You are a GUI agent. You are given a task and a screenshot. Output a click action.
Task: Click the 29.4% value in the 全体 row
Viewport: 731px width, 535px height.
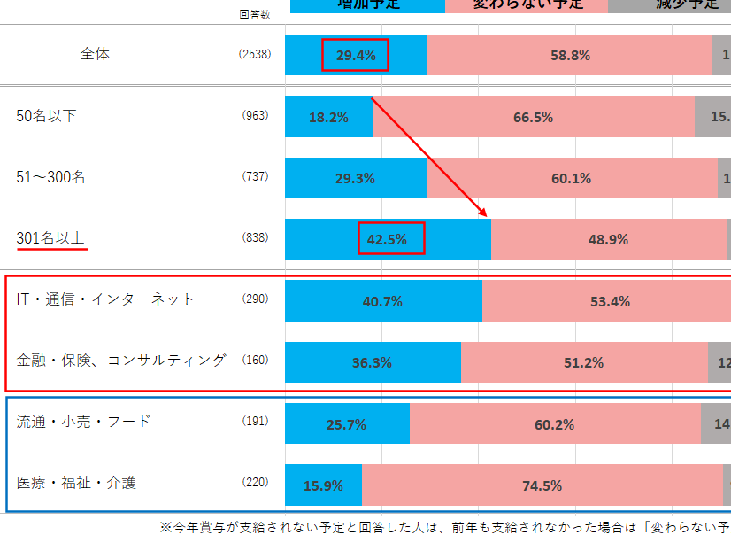pyautogui.click(x=356, y=55)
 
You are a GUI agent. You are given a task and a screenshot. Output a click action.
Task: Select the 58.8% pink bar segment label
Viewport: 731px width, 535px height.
pyautogui.click(x=570, y=55)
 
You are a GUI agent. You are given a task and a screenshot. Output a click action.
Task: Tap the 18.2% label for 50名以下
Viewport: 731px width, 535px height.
pyautogui.click(x=328, y=117)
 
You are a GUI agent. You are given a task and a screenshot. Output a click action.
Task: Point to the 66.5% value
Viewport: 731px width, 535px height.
pyautogui.click(x=533, y=117)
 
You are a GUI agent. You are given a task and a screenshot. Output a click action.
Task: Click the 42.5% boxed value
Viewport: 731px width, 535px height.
pyautogui.click(x=391, y=239)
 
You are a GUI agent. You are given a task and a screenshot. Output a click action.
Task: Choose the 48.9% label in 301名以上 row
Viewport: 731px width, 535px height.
pyautogui.click(x=608, y=239)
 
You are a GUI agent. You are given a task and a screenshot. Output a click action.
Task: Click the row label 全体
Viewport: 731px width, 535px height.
pyautogui.click(x=95, y=54)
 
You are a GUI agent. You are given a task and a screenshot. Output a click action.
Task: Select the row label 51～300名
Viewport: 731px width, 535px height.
pyautogui.click(x=51, y=177)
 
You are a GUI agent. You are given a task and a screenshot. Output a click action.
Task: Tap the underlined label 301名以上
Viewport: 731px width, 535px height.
pyautogui.click(x=51, y=238)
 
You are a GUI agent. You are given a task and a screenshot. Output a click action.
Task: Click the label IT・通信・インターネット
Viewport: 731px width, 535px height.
pyautogui.click(x=105, y=299)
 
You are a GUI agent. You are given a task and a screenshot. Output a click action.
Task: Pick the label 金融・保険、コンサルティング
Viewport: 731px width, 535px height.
pyautogui.click(x=121, y=361)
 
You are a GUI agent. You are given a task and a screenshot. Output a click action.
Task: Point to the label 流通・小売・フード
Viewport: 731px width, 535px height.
pyautogui.click(x=83, y=422)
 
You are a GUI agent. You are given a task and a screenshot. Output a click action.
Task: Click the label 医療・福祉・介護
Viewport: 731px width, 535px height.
pyautogui.click(x=76, y=483)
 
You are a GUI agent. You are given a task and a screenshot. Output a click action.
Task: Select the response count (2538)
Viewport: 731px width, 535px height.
pyautogui.click(x=255, y=55)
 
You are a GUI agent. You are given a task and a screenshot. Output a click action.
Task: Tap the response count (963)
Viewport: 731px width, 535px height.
pyautogui.click(x=255, y=116)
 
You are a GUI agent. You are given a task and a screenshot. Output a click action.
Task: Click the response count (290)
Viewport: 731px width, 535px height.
pyautogui.click(x=255, y=299)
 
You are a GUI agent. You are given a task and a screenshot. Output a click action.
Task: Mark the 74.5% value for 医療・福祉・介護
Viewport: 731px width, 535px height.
pyautogui.click(x=542, y=485)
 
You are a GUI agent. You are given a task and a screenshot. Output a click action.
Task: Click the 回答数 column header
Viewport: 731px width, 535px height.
pyautogui.click(x=255, y=14)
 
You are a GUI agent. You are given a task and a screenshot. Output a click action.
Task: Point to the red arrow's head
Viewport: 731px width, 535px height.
pyautogui.click(x=486, y=215)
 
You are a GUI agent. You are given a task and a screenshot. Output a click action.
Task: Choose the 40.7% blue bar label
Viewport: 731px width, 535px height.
pyautogui.click(x=382, y=301)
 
